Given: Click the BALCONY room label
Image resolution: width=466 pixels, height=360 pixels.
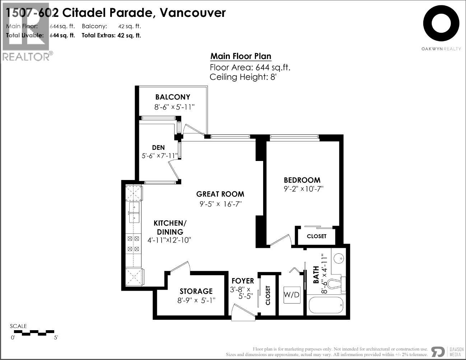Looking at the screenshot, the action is (x=173, y=97).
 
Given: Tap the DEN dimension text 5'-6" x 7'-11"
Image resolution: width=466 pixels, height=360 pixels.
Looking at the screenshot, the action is (x=160, y=156).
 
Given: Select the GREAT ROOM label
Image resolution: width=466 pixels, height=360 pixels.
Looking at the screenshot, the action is (x=220, y=194).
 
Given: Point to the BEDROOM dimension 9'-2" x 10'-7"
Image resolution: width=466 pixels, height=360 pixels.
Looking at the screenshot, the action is (x=303, y=189).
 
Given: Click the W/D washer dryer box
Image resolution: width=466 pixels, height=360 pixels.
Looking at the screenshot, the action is (x=292, y=295).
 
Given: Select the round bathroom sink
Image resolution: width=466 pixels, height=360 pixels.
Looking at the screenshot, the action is (x=339, y=258).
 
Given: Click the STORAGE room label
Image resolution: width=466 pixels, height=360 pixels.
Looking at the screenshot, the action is (x=196, y=291).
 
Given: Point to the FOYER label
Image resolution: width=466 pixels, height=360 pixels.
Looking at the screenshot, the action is (x=243, y=281).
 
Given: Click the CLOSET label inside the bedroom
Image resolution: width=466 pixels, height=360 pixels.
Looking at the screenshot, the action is (x=317, y=236).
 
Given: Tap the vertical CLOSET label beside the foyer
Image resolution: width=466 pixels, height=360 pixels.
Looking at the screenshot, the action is (x=268, y=295).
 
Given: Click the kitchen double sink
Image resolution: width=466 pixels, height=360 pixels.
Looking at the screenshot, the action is (x=134, y=212).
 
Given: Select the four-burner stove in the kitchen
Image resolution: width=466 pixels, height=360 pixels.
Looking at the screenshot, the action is (x=134, y=244).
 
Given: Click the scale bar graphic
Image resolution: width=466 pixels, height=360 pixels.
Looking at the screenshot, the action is (x=34, y=333).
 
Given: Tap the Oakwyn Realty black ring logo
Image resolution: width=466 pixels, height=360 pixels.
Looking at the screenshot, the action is (x=441, y=23).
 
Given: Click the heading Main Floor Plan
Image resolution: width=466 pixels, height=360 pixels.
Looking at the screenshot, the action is (x=241, y=56).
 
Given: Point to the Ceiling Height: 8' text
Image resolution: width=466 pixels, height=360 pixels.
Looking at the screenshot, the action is (x=243, y=77).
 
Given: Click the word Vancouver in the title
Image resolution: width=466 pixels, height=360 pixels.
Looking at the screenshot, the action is (x=192, y=13).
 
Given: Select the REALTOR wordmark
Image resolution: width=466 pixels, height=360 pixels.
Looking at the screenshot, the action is (x=26, y=57).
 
